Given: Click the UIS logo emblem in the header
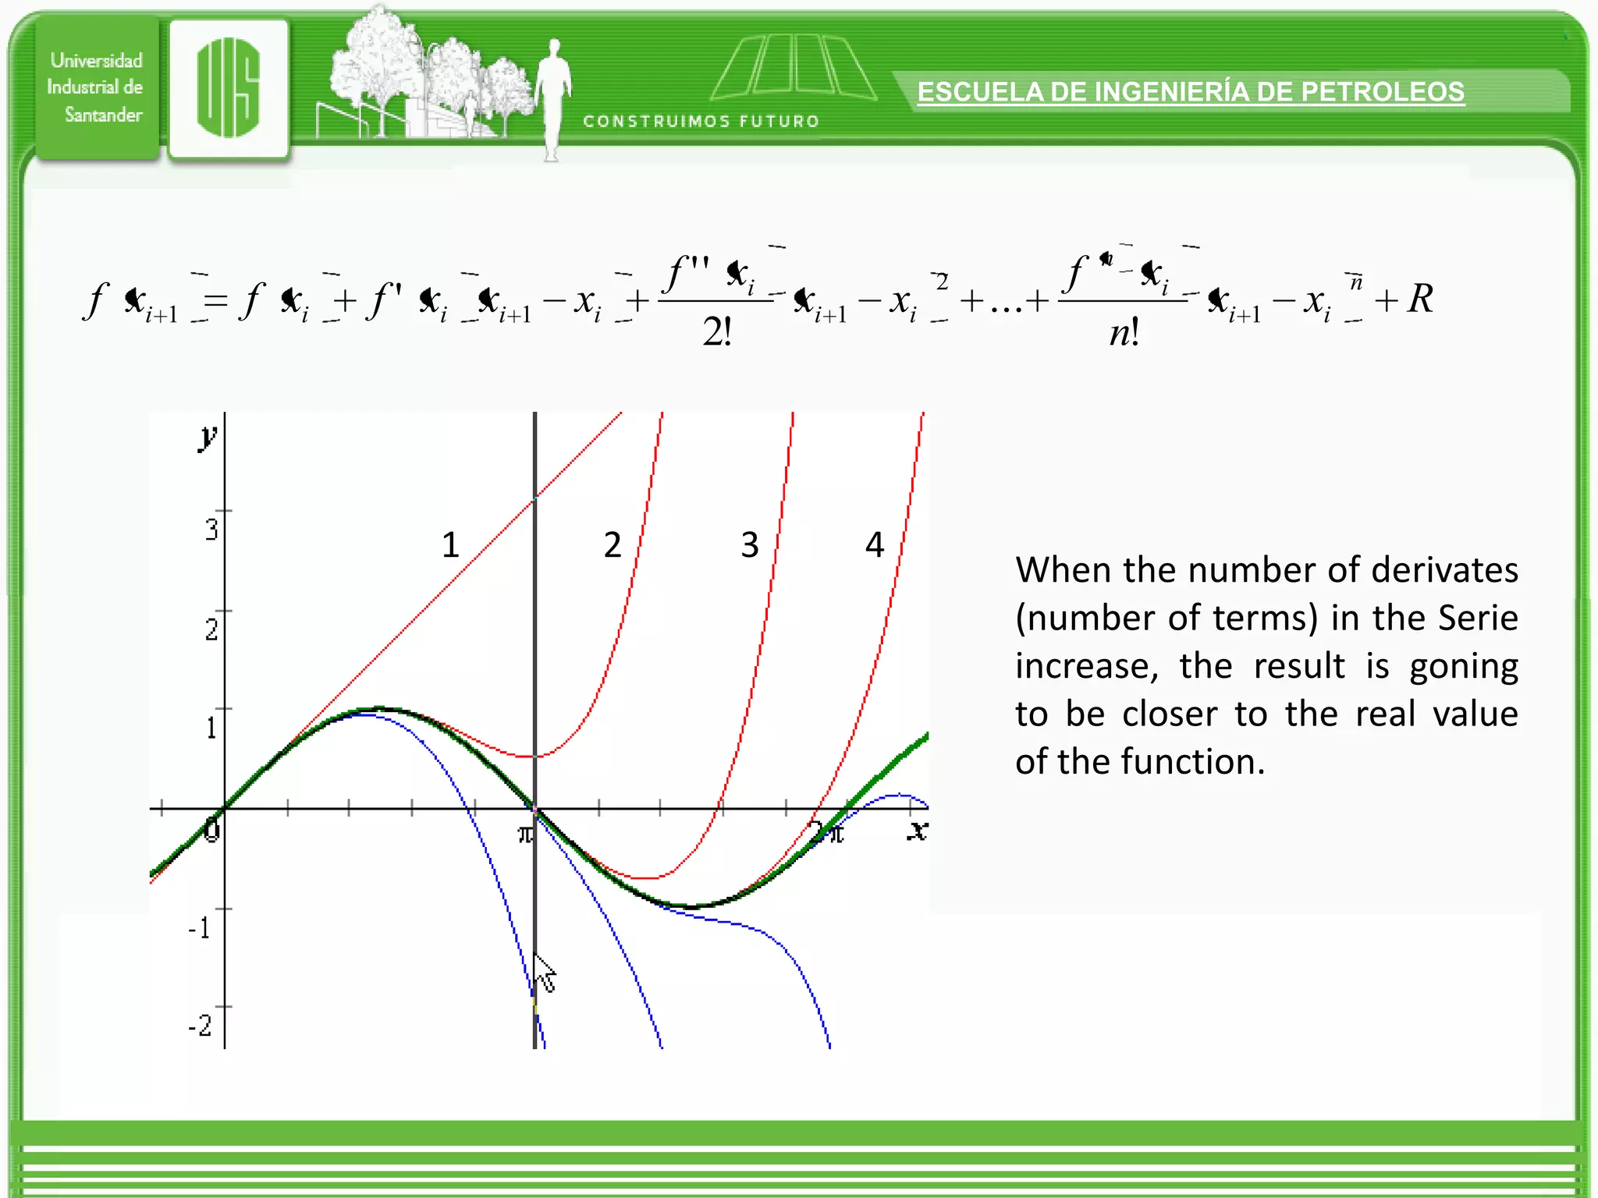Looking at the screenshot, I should tap(228, 88).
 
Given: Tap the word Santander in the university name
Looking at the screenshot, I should tap(103, 115).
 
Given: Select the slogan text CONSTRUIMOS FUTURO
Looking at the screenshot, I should tap(701, 122).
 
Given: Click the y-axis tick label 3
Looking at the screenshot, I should tap(211, 530).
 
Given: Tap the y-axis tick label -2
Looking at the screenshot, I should tap(201, 1025).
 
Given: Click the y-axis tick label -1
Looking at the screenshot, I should tap(200, 928).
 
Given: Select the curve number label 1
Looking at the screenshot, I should tap(450, 544).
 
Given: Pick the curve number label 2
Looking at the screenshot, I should tap(613, 544).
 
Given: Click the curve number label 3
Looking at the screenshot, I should tap(750, 544).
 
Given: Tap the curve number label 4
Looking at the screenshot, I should tap(875, 544).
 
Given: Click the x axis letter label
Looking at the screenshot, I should tap(918, 831).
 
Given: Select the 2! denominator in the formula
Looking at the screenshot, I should tap(717, 332).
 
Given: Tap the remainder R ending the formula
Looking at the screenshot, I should tap(1420, 299).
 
